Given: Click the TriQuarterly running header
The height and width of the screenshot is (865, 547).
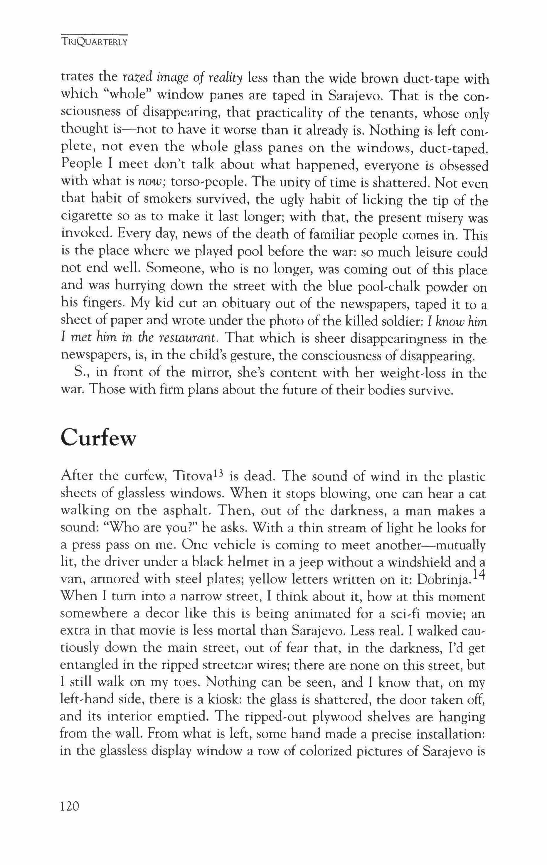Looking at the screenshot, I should [95, 42].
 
